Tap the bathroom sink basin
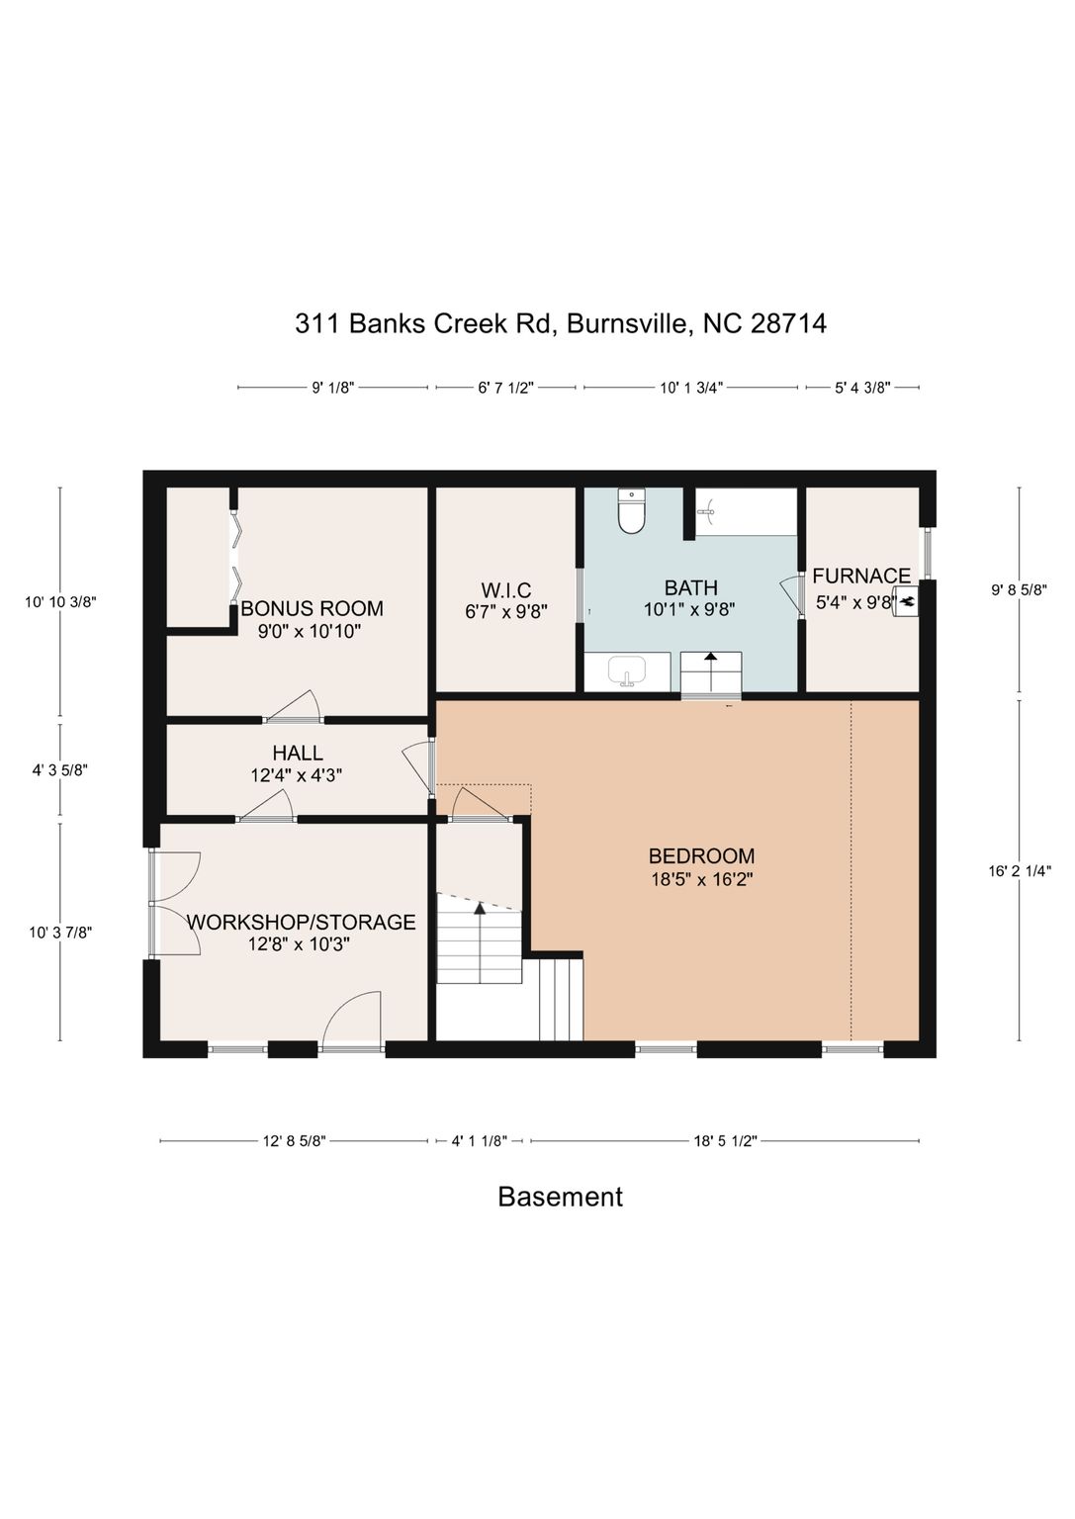point(627,671)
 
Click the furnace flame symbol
point(906,600)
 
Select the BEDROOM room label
point(701,855)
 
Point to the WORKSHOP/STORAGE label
point(301,922)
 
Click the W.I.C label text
point(506,589)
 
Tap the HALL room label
point(298,752)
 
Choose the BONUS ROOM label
point(312,607)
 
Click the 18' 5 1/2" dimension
point(725,1140)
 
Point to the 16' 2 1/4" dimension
point(1020,871)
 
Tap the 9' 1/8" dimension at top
point(333,388)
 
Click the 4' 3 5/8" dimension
point(59,771)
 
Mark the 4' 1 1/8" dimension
point(480,1140)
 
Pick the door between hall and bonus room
point(293,706)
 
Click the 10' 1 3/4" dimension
point(691,388)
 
